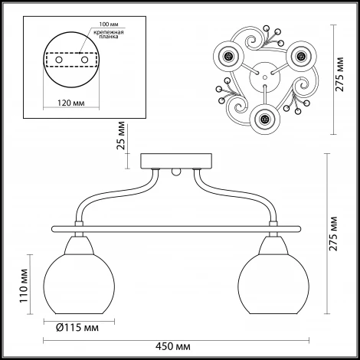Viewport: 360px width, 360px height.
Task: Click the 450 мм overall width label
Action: click(x=173, y=346)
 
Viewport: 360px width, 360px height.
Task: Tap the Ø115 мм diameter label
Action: click(x=77, y=328)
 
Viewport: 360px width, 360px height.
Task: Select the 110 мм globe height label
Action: click(x=24, y=286)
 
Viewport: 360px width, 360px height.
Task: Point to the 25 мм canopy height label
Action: click(x=121, y=136)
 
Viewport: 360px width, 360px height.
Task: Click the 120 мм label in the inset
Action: click(x=71, y=103)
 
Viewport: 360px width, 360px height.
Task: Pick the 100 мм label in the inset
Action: click(x=109, y=25)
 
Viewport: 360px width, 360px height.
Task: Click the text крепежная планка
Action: click(x=109, y=34)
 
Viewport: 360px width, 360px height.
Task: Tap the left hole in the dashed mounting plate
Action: click(x=59, y=60)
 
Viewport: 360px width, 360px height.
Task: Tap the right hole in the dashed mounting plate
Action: click(x=84, y=60)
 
